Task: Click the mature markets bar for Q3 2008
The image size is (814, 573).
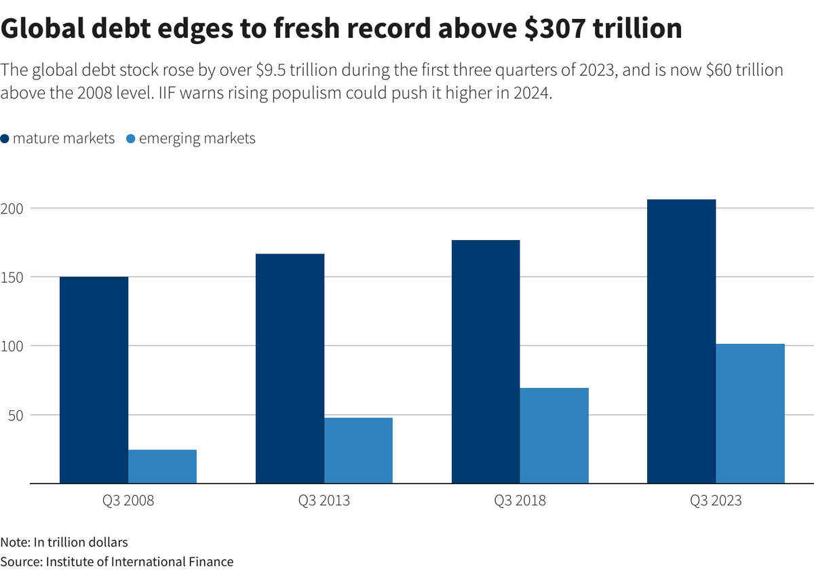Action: click(94, 380)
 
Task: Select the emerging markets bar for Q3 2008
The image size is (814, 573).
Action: click(162, 467)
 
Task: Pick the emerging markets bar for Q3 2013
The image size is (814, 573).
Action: click(358, 450)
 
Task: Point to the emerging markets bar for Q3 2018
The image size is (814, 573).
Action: click(554, 435)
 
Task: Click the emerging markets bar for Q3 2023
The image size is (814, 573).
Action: click(750, 414)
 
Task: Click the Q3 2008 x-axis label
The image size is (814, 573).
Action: click(128, 501)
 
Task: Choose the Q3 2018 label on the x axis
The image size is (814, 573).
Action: click(520, 501)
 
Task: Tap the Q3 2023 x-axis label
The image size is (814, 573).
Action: click(716, 501)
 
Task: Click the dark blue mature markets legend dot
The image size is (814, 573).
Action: click(5, 139)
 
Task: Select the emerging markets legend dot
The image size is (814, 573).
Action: click(132, 139)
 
